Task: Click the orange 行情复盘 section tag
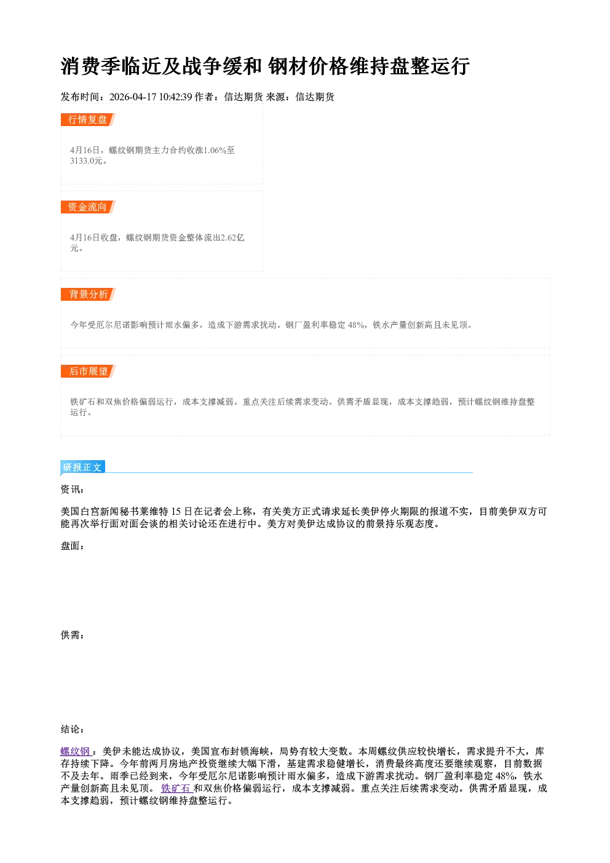(x=88, y=119)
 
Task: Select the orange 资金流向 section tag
(x=88, y=207)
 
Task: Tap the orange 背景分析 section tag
(x=88, y=295)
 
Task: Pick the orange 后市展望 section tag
(x=88, y=371)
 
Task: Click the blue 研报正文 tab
(x=82, y=467)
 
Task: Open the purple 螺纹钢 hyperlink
(x=76, y=751)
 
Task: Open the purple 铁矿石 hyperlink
(x=176, y=788)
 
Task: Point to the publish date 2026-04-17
(x=133, y=97)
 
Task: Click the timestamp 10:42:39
(x=176, y=97)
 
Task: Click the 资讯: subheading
(x=72, y=489)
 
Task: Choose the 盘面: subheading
(x=72, y=546)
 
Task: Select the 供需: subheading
(x=72, y=635)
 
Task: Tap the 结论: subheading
(x=72, y=729)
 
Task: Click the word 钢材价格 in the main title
(x=308, y=66)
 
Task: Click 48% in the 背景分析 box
(x=356, y=325)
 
